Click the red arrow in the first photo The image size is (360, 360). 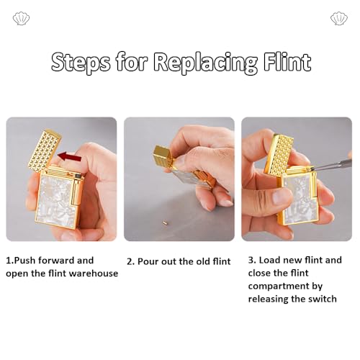click(x=70, y=157)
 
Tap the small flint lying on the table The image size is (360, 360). click(x=165, y=222)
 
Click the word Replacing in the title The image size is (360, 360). click(x=205, y=63)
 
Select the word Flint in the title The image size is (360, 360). click(x=287, y=61)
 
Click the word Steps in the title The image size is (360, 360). click(x=81, y=63)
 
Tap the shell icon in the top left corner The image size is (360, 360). click(x=21, y=18)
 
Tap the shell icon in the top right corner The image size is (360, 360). click(x=339, y=18)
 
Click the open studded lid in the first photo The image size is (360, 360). click(x=45, y=150)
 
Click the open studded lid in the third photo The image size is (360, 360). click(x=279, y=154)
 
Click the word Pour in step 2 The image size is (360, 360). click(x=148, y=261)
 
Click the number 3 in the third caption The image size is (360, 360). click(x=251, y=260)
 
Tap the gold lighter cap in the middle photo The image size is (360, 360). click(x=162, y=157)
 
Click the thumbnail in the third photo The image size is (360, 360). click(x=282, y=197)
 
